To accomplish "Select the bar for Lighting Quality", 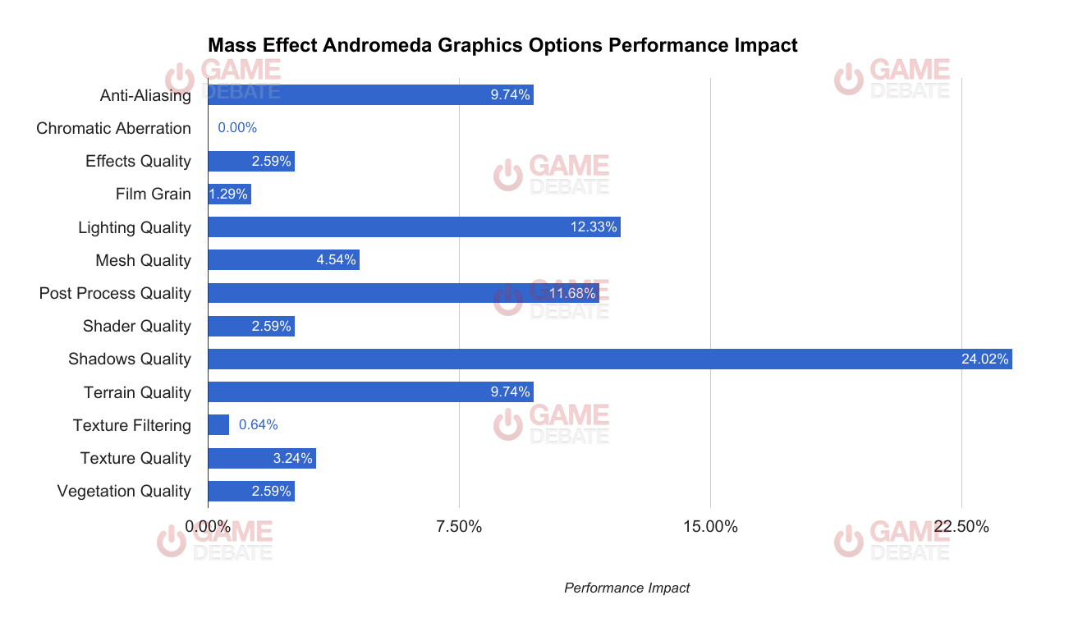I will click(x=414, y=227).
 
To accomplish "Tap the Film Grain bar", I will click(x=229, y=195).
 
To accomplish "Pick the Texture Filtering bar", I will click(x=218, y=425).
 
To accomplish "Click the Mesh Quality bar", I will click(x=283, y=260).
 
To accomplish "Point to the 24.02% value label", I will click(x=985, y=359).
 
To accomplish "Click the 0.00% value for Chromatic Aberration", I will click(x=237, y=128).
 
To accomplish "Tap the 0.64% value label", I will click(x=259, y=425).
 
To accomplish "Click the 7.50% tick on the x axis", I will click(x=459, y=526).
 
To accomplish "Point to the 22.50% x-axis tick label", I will click(x=961, y=526).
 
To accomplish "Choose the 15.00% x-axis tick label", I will click(x=710, y=526).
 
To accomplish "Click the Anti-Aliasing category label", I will click(x=145, y=95).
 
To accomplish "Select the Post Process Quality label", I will click(x=115, y=293).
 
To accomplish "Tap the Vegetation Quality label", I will click(x=124, y=491).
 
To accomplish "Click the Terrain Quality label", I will click(x=137, y=392).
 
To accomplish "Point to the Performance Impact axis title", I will click(x=627, y=588).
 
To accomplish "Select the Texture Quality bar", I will click(x=261, y=458).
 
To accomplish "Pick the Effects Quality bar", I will click(x=250, y=161).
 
